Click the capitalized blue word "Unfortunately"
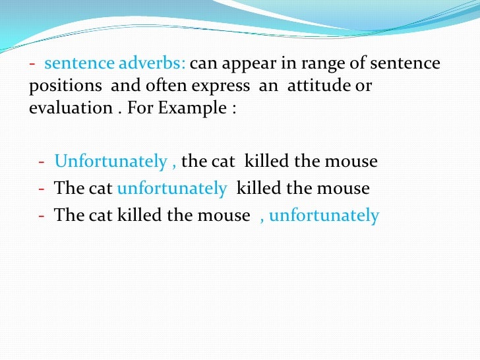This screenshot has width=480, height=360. [111, 162]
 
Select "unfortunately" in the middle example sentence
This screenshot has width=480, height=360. [171, 189]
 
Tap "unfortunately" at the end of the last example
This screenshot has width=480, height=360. [324, 216]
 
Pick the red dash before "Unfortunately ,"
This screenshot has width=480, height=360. [42, 162]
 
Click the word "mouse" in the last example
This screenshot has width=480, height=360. [225, 216]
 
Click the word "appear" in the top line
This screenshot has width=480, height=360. [246, 65]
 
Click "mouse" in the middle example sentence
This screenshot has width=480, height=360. [344, 189]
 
